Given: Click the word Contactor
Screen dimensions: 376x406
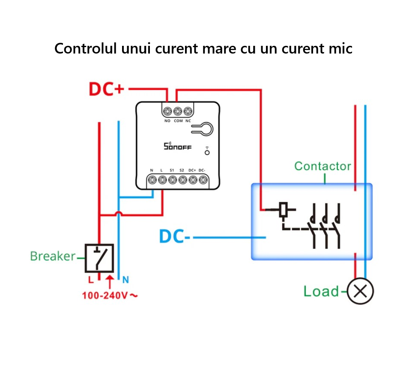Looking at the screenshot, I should [x=322, y=166].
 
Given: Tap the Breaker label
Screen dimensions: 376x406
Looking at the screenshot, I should [x=53, y=256].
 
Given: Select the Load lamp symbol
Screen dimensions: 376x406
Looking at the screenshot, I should [x=360, y=292].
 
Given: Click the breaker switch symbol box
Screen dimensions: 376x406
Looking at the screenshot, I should [x=99, y=258].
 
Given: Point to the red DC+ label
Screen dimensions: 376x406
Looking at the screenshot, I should [x=106, y=89].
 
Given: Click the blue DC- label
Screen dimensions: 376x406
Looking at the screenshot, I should [x=175, y=236].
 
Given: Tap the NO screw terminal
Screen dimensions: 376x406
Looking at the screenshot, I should [x=167, y=111].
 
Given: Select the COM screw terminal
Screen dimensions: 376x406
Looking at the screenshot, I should [x=178, y=111].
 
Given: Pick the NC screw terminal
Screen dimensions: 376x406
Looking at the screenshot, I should [x=188, y=111].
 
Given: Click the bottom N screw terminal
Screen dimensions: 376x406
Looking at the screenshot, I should [x=152, y=180].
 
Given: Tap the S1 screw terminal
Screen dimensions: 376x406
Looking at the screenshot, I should [x=172, y=180].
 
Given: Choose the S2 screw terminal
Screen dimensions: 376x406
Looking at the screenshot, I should [x=182, y=180].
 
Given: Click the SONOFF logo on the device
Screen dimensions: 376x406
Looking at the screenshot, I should [x=178, y=147].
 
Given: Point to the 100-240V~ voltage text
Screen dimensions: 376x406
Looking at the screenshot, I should [x=110, y=295].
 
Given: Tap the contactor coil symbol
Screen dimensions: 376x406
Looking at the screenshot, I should [x=284, y=209].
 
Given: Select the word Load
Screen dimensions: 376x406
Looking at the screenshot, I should [x=321, y=292].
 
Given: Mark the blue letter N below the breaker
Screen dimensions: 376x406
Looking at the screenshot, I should [x=125, y=280].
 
